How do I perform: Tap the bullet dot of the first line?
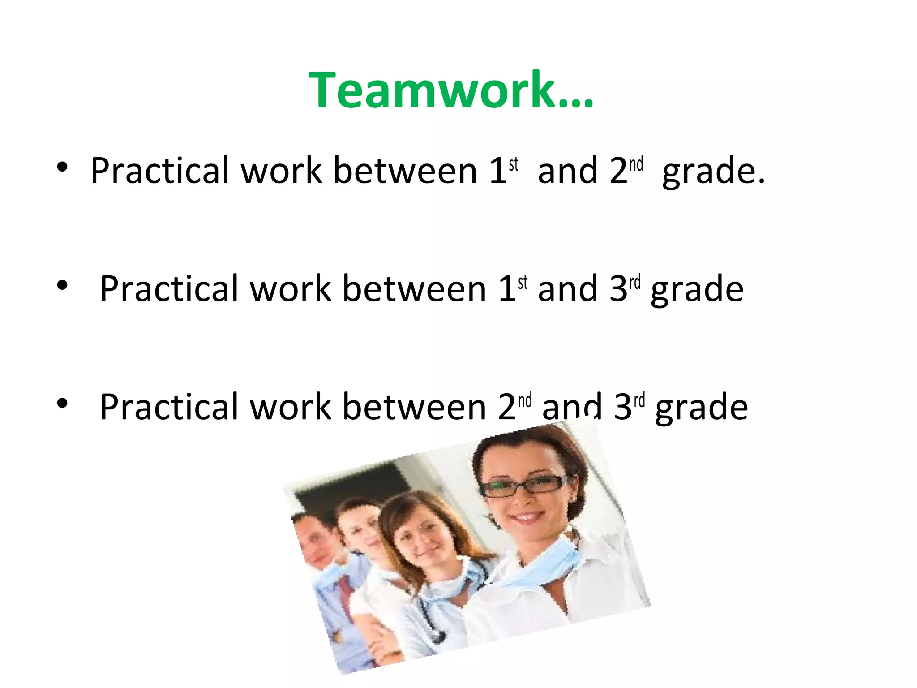point(62,168)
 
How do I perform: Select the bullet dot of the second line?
point(62,285)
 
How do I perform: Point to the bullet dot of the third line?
point(62,403)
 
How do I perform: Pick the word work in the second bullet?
point(291,289)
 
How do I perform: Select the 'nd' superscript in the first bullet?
point(636,164)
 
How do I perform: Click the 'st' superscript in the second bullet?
point(523,283)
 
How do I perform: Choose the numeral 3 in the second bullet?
point(618,289)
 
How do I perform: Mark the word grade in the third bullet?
point(701,408)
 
